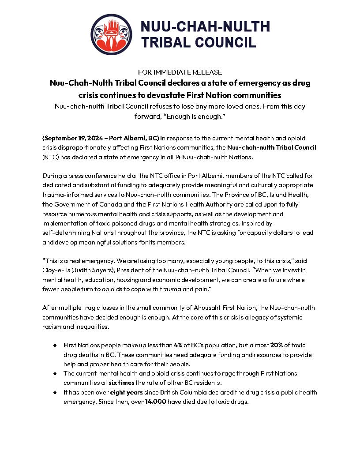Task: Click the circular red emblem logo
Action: pyautogui.click(x=111, y=34)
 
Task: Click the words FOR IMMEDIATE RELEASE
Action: pyautogui.click(x=180, y=72)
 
